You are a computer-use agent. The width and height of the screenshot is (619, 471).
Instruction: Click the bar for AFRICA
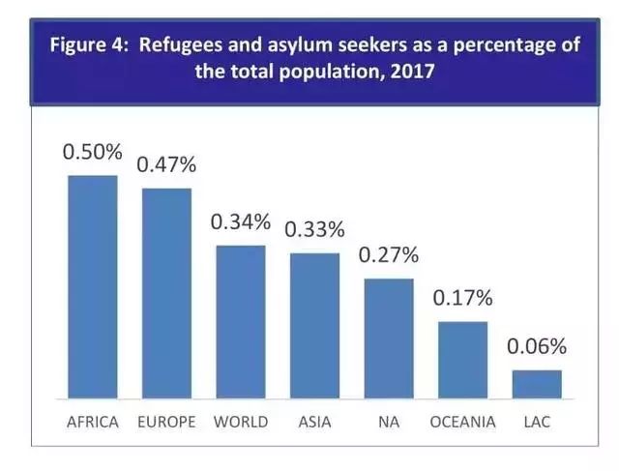92,286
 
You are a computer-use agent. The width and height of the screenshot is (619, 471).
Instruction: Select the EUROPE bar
166,292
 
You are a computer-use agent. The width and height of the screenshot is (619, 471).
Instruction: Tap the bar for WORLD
240,321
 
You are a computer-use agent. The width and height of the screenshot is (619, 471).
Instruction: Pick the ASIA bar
314,325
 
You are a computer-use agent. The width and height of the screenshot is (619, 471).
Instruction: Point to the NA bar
389,338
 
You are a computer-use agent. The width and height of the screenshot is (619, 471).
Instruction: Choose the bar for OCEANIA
462,359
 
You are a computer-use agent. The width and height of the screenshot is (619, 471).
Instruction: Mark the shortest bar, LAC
537,383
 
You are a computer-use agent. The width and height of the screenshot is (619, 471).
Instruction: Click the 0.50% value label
92,153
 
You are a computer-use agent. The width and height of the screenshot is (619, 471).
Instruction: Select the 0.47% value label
166,164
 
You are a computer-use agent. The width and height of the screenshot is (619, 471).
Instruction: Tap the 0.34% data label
240,222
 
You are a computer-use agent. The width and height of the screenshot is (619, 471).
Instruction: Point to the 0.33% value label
314,230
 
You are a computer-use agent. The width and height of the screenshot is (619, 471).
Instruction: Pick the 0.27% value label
389,256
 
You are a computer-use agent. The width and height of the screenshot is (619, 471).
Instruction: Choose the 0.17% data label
463,298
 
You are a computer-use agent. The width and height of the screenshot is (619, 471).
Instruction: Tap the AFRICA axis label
92,422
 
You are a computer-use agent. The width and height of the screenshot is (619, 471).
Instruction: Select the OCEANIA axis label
463,422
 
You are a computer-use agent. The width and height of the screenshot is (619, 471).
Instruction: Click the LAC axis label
537,422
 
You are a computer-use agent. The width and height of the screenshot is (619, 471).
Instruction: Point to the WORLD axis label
240,422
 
